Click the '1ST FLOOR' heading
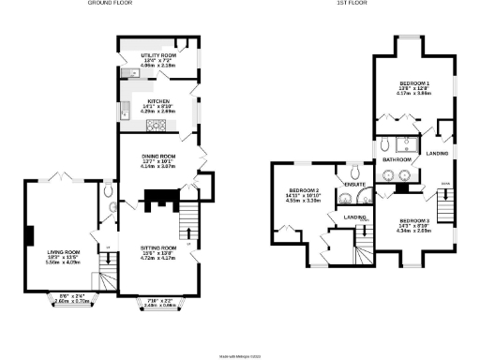352,4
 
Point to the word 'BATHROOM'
391,160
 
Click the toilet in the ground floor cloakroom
110,190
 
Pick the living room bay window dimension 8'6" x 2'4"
72,299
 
